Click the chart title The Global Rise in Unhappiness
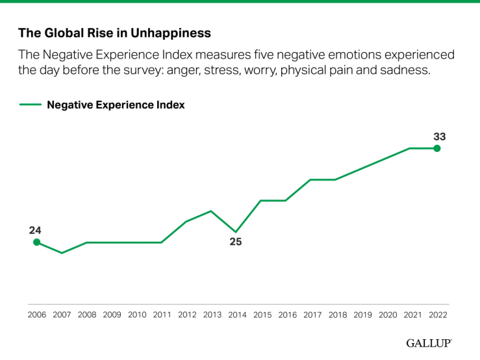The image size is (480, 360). click(x=114, y=32)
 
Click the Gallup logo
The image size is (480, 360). click(x=429, y=342)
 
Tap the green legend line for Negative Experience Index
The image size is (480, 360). click(x=30, y=105)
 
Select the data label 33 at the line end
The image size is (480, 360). click(x=439, y=136)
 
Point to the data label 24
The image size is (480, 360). click(x=35, y=230)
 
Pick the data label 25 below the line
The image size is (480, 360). click(x=235, y=242)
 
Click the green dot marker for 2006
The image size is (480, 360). click(x=36, y=242)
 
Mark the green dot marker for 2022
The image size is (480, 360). click(x=436, y=148)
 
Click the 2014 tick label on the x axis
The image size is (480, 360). click(x=236, y=315)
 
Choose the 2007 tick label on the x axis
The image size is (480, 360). click(x=62, y=315)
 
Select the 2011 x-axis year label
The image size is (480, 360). click(x=162, y=315)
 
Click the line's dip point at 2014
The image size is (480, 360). click(x=236, y=232)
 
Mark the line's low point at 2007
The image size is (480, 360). click(x=62, y=253)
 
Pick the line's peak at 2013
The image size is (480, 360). click(x=211, y=211)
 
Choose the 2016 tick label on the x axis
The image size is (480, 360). click(x=286, y=315)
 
